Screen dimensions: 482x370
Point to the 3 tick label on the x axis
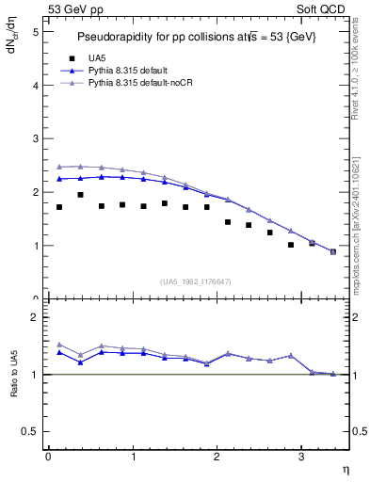300,456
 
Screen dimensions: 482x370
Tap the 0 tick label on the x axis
48,456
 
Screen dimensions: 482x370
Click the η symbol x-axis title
345,469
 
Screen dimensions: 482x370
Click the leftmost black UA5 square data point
59,207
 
